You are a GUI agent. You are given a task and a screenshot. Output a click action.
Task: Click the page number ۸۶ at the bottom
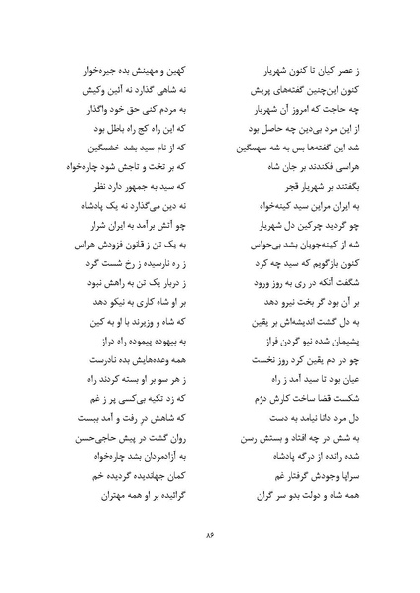click(210, 536)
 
